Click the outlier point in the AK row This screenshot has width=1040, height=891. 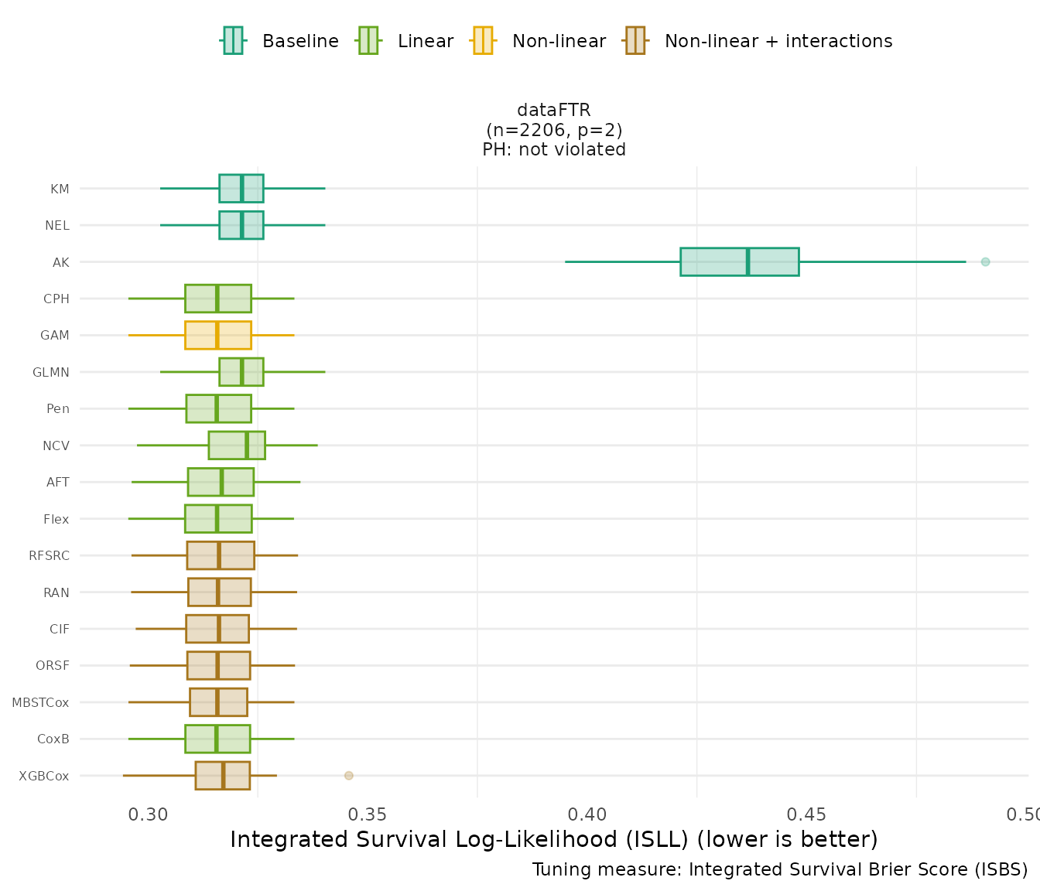(985, 262)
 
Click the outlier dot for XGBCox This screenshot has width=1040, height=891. (348, 776)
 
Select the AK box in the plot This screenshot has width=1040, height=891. (739, 262)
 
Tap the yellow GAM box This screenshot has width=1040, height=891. (217, 336)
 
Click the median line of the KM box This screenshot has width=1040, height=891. (241, 189)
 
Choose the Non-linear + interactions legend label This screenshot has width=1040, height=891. (778, 41)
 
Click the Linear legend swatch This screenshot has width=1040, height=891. (368, 40)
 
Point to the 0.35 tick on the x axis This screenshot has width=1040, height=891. (368, 815)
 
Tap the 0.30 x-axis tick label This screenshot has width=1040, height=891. (148, 815)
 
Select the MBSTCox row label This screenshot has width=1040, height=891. (40, 703)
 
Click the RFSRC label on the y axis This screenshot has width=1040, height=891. (49, 556)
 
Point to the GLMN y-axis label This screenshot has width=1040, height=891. (51, 373)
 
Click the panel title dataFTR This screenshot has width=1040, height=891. (554, 111)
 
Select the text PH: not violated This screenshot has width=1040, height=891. (554, 150)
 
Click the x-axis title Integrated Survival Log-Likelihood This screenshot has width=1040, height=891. (553, 840)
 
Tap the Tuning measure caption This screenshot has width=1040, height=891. (779, 870)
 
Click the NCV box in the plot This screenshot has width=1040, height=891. (237, 445)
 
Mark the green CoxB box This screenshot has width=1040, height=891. (217, 739)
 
